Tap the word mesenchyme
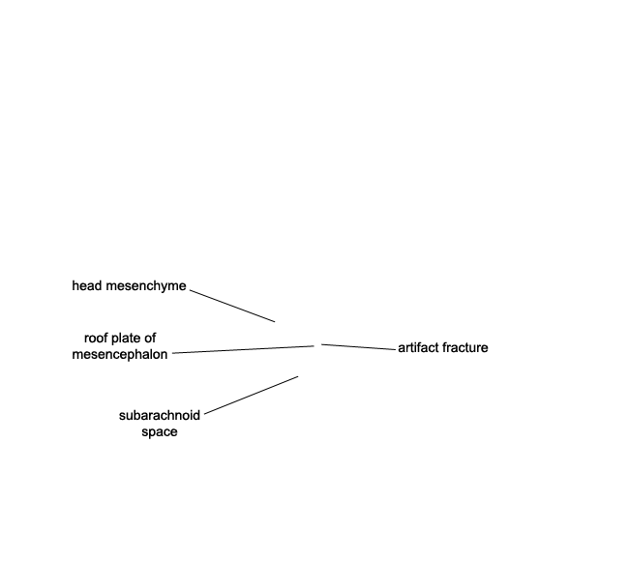point(146,286)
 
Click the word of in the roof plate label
point(150,338)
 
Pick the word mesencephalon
point(120,355)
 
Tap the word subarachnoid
point(160,416)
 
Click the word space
point(160,432)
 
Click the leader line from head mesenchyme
point(232,306)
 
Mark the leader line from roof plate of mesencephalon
point(243,350)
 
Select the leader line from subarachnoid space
point(252,395)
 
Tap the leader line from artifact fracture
point(358,347)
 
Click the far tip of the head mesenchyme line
point(275,321)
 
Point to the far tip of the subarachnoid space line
point(298,376)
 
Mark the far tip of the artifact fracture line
point(321,344)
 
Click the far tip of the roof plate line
point(314,345)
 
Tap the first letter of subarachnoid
point(122,416)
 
